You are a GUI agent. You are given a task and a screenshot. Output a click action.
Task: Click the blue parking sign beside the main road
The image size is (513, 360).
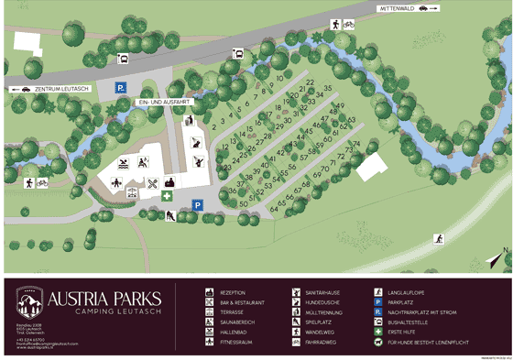click(x=119, y=88)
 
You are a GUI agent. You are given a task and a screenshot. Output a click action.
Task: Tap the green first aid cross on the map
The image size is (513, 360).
click(x=167, y=195)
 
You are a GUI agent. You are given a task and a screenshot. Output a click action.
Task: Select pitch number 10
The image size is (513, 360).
click(x=279, y=79)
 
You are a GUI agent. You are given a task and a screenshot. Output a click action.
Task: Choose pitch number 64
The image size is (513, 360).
click(x=274, y=209)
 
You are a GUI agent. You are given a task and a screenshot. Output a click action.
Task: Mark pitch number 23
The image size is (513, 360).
click(x=226, y=166)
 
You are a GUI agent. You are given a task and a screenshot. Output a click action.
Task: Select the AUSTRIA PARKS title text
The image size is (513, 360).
click(x=104, y=299)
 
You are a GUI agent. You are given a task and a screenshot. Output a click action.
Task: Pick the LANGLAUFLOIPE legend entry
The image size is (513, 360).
click(x=407, y=293)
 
